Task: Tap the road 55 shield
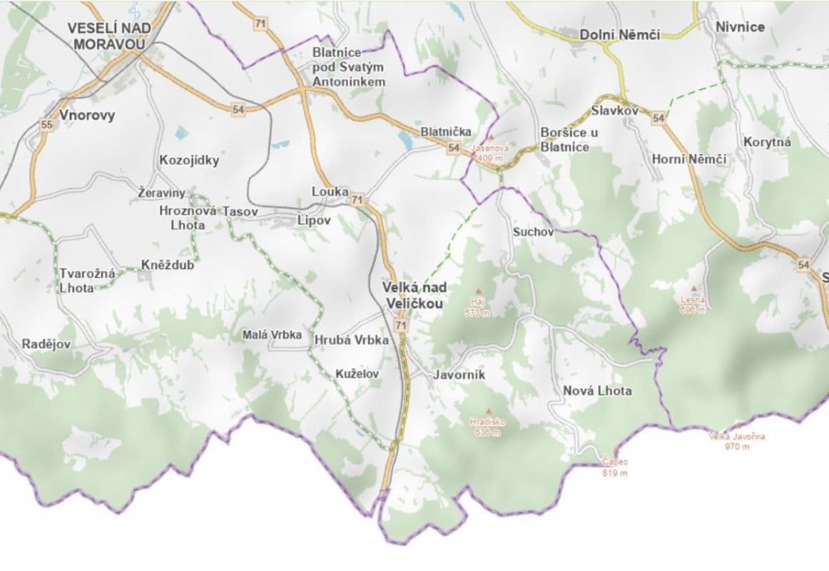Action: (46, 125)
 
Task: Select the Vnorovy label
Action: (88, 115)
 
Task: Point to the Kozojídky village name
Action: (189, 160)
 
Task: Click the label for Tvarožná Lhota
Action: (76, 281)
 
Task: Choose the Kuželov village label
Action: (357, 373)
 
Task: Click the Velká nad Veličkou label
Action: (414, 295)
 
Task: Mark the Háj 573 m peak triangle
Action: (478, 291)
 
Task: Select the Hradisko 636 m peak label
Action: (488, 426)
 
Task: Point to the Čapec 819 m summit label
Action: (614, 468)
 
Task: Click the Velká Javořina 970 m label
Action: (737, 441)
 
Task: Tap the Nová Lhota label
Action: (597, 390)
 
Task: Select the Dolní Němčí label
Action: (619, 34)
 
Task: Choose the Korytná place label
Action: (767, 142)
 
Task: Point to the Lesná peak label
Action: (693, 304)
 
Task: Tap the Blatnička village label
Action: (446, 131)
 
